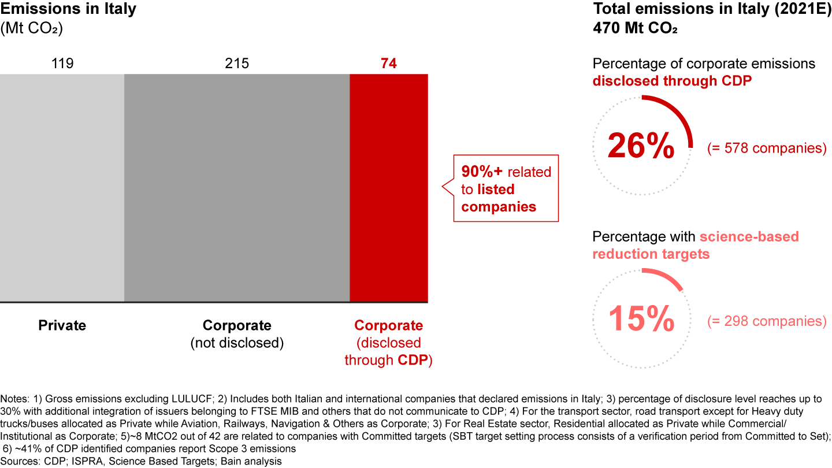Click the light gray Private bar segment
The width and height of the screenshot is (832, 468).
[62, 188]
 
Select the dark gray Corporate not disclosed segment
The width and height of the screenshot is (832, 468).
[237, 188]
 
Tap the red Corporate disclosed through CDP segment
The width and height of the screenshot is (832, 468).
[389, 188]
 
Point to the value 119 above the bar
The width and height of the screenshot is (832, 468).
[62, 64]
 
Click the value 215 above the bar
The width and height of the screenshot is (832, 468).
[237, 64]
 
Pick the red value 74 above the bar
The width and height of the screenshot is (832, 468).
[389, 64]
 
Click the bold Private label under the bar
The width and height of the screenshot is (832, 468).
[62, 325]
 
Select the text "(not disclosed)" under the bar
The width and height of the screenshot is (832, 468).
[237, 343]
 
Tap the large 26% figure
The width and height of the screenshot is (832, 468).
[641, 147]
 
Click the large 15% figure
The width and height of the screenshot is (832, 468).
[641, 318]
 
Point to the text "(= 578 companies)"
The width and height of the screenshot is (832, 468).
[767, 148]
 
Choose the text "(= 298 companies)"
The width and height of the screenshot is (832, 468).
[767, 321]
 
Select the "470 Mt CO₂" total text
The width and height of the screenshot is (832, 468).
[635, 27]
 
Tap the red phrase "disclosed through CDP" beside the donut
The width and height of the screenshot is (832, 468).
[672, 81]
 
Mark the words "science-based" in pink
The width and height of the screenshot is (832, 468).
[749, 237]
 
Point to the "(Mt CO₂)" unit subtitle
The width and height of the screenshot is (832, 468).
[32, 28]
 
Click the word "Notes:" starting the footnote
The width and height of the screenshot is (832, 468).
[15, 399]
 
